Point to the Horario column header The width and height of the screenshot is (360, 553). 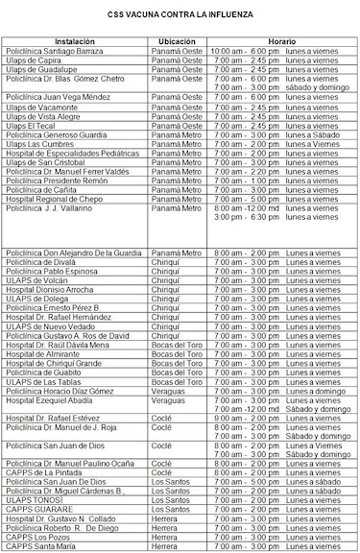click(x=280, y=41)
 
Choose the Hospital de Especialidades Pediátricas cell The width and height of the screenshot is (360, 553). click(x=73, y=154)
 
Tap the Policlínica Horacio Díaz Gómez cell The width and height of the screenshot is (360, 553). click(x=60, y=391)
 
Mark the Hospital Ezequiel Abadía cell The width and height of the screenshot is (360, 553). click(x=53, y=400)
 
